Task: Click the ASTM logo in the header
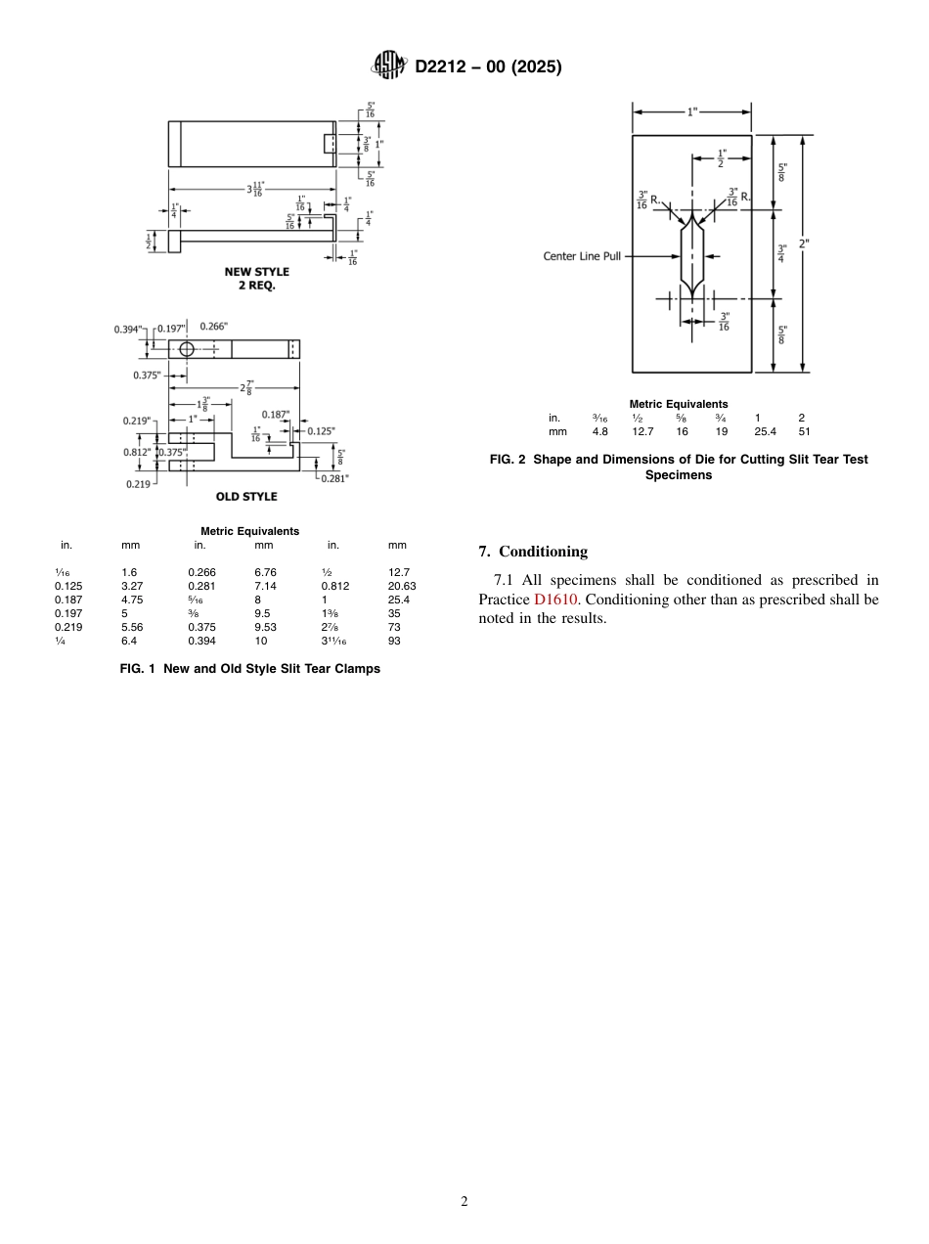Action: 389,67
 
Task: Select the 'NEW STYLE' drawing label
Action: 257,272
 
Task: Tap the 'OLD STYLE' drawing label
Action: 246,497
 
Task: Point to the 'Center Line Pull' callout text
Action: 582,256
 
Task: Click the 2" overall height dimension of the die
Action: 804,244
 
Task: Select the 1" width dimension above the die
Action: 692,111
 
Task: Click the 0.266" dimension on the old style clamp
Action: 214,327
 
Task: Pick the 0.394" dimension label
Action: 128,329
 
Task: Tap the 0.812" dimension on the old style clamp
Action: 137,452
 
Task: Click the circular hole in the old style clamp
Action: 187,348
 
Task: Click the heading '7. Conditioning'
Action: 533,552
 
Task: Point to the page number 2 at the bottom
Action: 464,1202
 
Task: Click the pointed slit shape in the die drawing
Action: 691,256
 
